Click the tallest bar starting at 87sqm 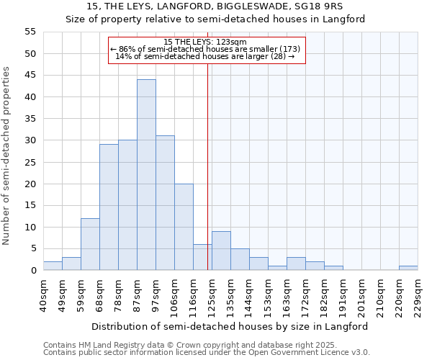(x=146, y=175)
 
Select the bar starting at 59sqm (x=90, y=244)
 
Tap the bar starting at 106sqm (x=184, y=227)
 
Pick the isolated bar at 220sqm (x=408, y=268)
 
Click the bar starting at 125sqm (x=221, y=251)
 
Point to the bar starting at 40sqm (x=53, y=266)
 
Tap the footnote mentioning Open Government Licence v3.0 (x=207, y=353)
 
